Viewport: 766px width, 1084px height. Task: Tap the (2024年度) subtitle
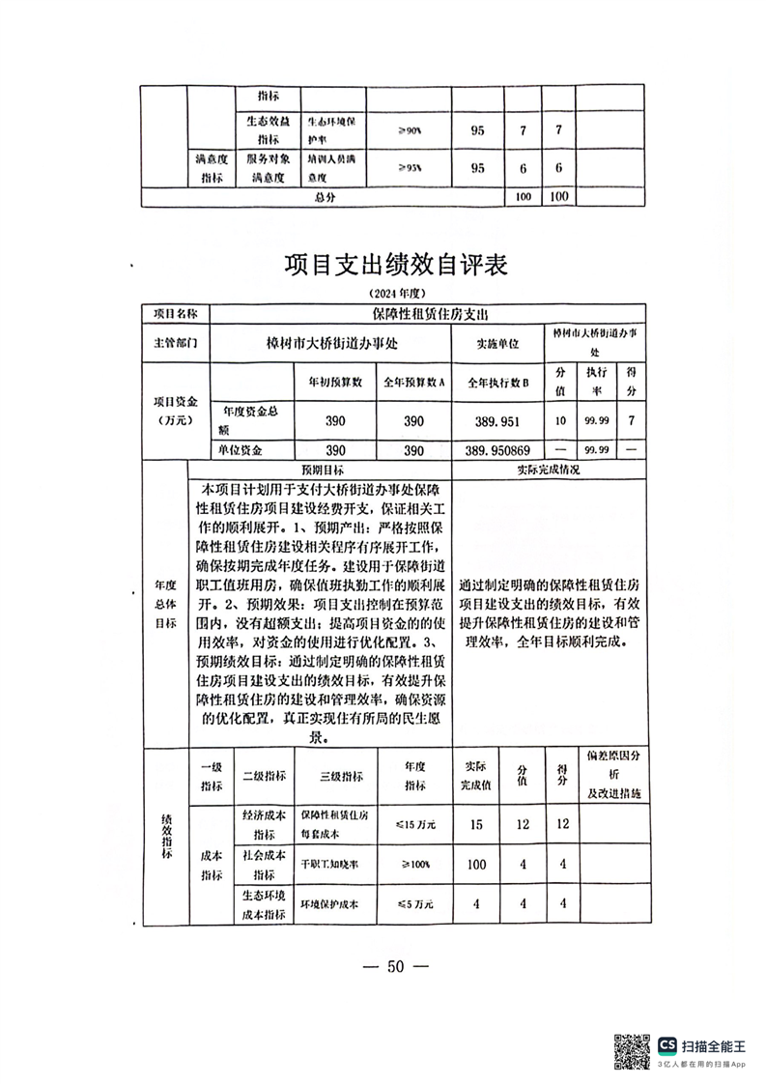pos(396,293)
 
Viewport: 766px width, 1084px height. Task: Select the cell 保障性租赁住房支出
pos(430,314)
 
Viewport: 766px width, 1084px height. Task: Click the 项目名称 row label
pos(175,314)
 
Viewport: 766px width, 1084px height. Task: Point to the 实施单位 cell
pos(497,343)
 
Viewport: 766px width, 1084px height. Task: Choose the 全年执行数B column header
pos(497,382)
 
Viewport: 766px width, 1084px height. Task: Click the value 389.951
pos(497,421)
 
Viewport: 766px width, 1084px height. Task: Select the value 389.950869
pos(497,451)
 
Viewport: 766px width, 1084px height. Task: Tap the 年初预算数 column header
pos(334,382)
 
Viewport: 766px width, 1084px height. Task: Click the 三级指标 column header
pos(340,776)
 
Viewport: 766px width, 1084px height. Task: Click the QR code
pos(631,1050)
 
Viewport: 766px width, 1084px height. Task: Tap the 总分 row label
pos(324,197)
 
